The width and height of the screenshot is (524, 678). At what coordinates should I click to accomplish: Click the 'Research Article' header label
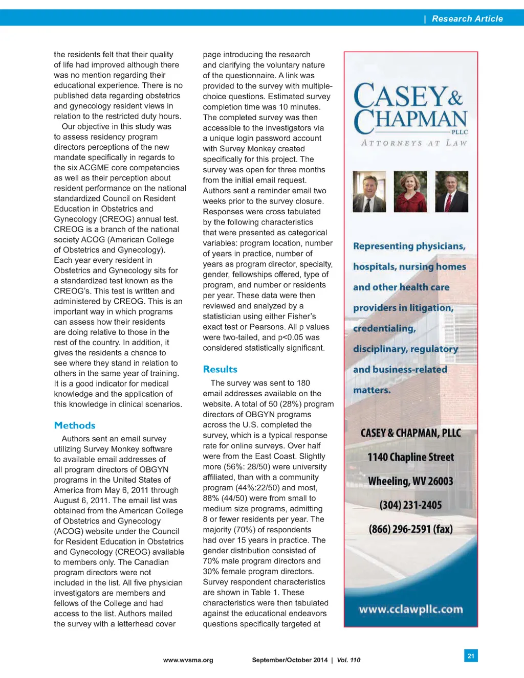tap(467, 19)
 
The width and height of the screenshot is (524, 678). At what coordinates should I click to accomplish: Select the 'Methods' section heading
tap(75, 425)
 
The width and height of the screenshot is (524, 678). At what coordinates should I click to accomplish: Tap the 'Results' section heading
tap(220, 369)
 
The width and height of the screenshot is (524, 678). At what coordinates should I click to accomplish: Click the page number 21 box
tap(471, 656)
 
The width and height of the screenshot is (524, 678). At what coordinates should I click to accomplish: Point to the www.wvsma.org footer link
tap(188, 660)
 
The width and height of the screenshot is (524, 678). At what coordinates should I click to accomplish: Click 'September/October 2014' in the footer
tap(290, 660)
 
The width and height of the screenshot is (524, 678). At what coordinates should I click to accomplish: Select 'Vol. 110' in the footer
tap(348, 660)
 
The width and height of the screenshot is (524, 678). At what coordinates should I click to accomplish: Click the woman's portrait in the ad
tap(410, 192)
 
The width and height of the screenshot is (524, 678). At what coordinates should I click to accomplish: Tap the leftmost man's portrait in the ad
tap(369, 192)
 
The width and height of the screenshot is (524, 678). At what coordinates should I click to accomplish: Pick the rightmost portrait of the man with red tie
tap(451, 192)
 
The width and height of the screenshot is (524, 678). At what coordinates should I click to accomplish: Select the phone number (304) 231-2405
tap(410, 505)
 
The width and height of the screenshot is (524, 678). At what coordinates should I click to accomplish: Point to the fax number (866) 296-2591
tap(410, 529)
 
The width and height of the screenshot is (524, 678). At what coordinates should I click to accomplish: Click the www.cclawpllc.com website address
tap(410, 609)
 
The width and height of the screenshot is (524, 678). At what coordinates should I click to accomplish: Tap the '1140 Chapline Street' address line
tap(410, 457)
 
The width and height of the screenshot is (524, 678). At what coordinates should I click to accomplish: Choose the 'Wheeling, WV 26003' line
tap(410, 481)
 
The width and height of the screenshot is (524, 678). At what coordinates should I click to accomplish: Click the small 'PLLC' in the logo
tap(459, 132)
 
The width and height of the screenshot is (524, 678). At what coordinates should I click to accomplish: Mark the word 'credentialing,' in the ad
tap(384, 328)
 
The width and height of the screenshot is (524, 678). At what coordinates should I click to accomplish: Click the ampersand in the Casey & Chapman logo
tap(455, 97)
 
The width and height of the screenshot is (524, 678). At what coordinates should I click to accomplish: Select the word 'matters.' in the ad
tap(372, 390)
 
